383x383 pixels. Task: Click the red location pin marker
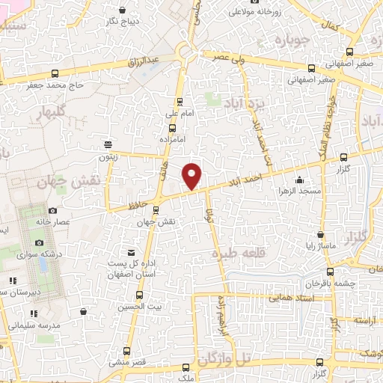pyautogui.click(x=193, y=175)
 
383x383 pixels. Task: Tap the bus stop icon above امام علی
pyautogui.click(x=180, y=102)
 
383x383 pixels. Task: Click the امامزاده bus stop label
pyautogui.click(x=173, y=139)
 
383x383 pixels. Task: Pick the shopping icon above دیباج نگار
pyautogui.click(x=121, y=10)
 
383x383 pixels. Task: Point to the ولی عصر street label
pyautogui.click(x=231, y=57)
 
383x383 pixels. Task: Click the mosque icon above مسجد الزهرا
pyautogui.click(x=299, y=179)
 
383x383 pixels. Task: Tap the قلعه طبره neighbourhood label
pyautogui.click(x=239, y=254)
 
